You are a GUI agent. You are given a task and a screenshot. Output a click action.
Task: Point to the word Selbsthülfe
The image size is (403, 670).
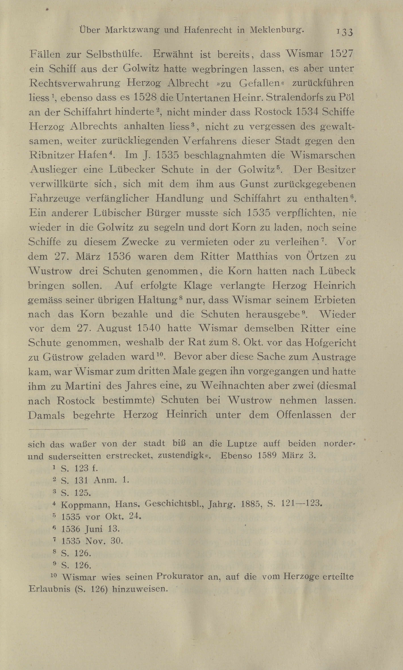click(114, 54)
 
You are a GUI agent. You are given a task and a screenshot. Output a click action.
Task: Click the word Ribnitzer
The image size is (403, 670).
click(52, 155)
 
